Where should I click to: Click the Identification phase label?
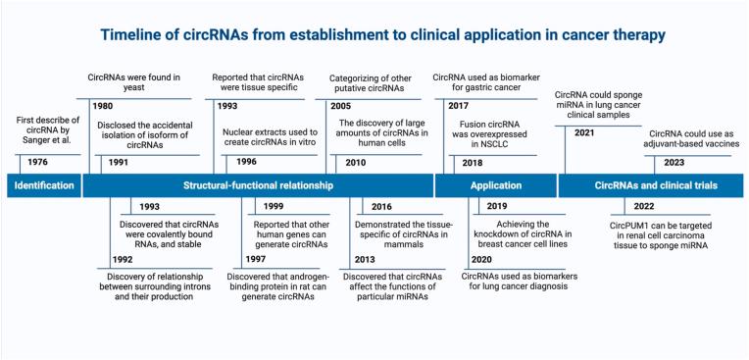click(43, 184)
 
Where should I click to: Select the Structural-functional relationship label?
click(255, 184)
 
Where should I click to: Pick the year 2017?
click(457, 105)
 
